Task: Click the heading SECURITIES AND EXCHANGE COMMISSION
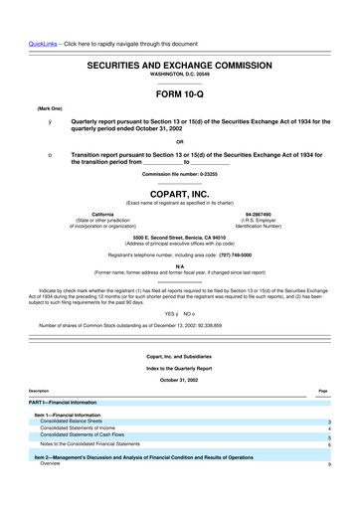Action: pos(179,63)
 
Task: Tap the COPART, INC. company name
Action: pos(179,195)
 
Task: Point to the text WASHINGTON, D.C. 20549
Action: pos(179,73)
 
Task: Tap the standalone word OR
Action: pos(179,140)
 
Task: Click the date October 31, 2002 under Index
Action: pos(179,379)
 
